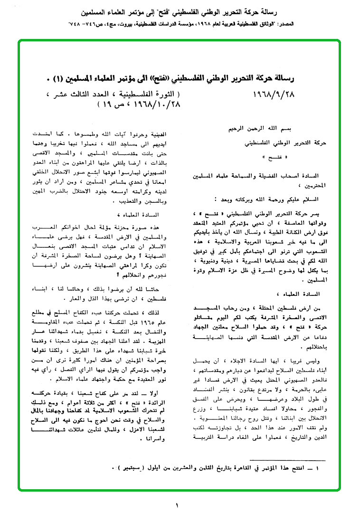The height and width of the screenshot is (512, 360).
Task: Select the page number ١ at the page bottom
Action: tap(179, 504)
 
